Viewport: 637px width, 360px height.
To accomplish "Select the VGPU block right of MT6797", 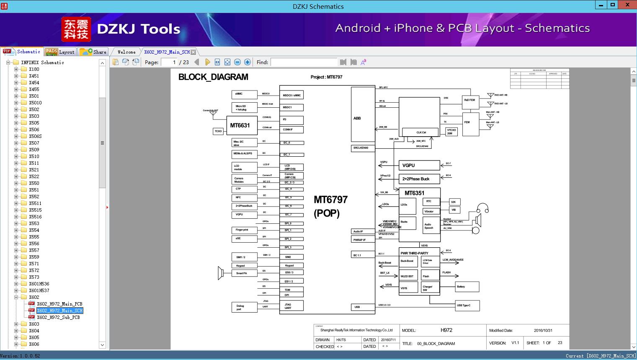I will (x=419, y=165).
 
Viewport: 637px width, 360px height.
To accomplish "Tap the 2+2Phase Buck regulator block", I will (x=419, y=179).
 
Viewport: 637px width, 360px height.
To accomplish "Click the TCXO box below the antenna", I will (x=218, y=131).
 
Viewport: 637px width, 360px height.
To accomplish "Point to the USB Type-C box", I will (x=467, y=306).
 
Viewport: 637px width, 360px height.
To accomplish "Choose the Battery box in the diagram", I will (x=467, y=287).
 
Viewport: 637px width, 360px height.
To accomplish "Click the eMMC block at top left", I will (x=244, y=94).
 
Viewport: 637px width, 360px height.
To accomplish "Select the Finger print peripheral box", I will (x=244, y=230).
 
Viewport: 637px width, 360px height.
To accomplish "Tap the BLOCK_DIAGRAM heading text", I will (x=213, y=77).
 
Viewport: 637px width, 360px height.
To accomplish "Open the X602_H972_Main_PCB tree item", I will (x=59, y=304).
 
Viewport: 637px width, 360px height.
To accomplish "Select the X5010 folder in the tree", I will (x=35, y=103).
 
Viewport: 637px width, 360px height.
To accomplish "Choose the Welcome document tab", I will (x=126, y=52).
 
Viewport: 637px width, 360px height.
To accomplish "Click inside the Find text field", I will (x=304, y=62).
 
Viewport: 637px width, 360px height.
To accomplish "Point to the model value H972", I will (x=446, y=330).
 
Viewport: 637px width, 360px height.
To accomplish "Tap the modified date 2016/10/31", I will (x=543, y=330).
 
